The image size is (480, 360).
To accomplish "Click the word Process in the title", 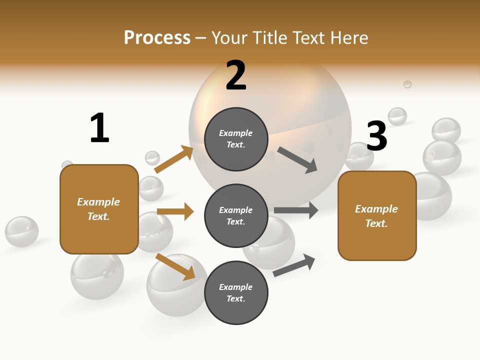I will click(x=157, y=38).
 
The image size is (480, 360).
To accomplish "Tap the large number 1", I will click(x=99, y=128).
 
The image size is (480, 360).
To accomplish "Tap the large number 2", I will click(x=236, y=75).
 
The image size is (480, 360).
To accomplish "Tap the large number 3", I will click(x=376, y=136).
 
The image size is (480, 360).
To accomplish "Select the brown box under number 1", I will click(x=99, y=209).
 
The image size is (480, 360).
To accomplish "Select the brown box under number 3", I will click(x=377, y=215).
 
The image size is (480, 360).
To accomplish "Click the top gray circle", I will click(x=236, y=139).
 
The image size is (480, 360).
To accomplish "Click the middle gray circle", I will click(x=236, y=215).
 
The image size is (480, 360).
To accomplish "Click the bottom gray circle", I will click(x=236, y=292).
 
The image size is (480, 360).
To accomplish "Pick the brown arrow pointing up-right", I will click(x=174, y=159).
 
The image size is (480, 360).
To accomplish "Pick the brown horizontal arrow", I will click(x=175, y=211).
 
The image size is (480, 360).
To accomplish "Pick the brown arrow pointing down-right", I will click(x=175, y=266).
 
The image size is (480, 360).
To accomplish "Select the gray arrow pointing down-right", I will click(x=297, y=159).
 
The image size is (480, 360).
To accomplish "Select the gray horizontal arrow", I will click(x=296, y=210).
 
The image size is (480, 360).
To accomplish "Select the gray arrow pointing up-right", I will click(x=294, y=265).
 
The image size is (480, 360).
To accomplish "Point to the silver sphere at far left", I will click(x=21, y=231).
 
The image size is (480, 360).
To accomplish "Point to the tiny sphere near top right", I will click(x=407, y=84).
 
